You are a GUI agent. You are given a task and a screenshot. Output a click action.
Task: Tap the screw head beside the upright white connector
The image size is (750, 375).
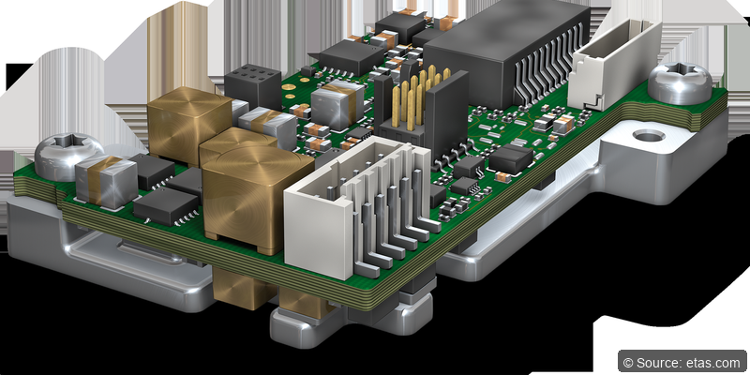tap(680, 82)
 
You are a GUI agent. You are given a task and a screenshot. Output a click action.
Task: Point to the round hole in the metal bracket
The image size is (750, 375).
tap(649, 136)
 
